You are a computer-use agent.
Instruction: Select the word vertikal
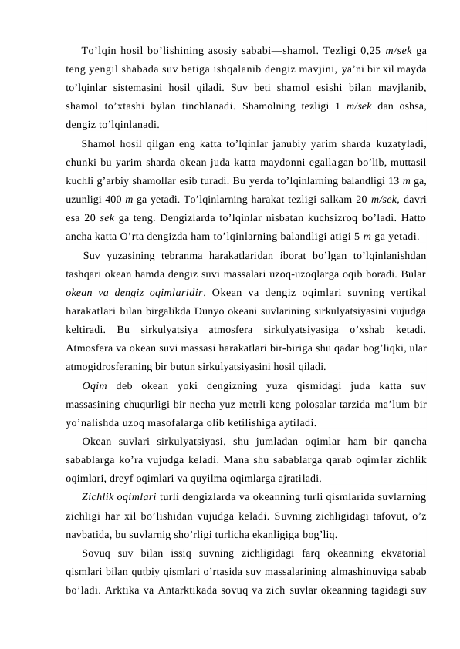click(x=404, y=292)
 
